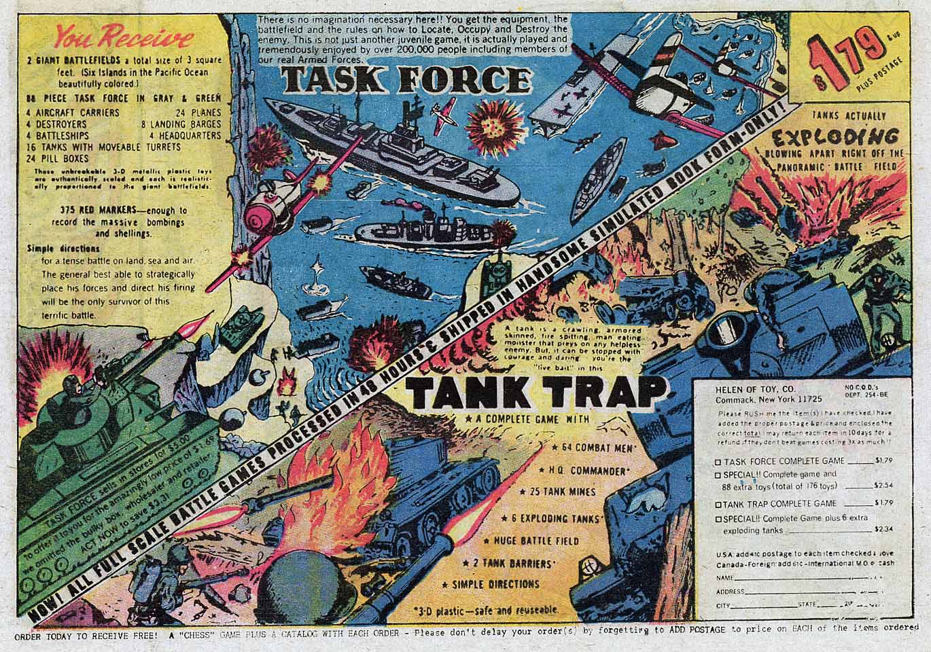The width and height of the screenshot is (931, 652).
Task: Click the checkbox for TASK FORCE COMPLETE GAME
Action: [718, 461]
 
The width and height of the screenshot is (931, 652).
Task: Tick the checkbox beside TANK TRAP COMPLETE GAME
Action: [718, 505]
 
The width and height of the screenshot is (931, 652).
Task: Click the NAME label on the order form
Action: [724, 578]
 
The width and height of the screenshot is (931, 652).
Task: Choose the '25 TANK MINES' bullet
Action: [561, 492]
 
